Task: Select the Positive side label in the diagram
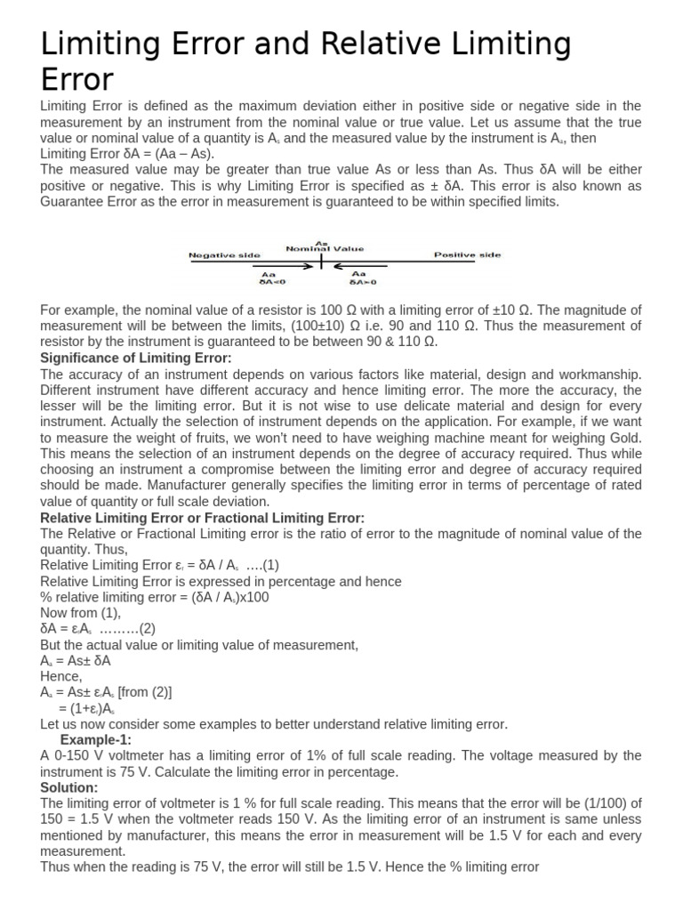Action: [467, 255]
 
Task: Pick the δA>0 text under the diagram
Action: [363, 281]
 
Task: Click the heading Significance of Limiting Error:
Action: [136, 358]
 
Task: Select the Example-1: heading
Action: [95, 740]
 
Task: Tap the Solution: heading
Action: [69, 787]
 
